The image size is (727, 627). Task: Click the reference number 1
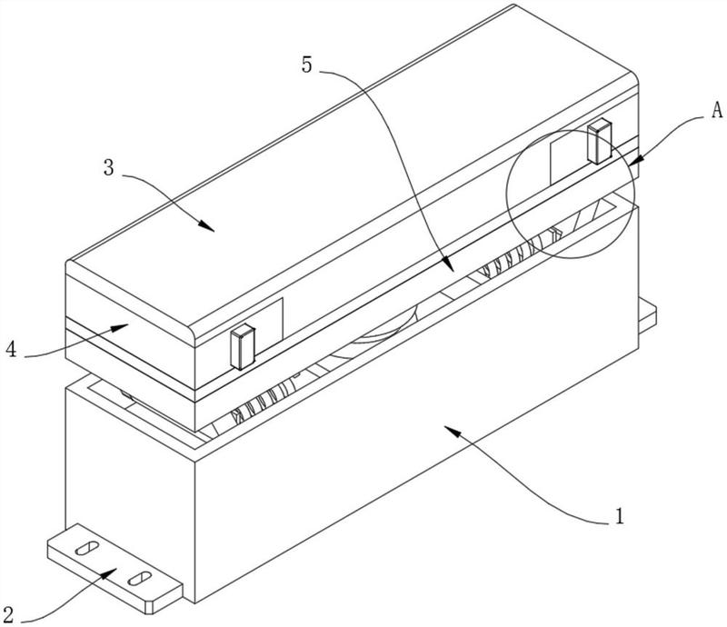[620, 516]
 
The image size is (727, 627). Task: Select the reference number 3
[108, 167]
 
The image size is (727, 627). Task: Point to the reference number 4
[11, 349]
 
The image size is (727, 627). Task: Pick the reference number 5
[307, 65]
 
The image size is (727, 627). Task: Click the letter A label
[717, 110]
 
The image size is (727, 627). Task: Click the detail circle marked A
[508, 194]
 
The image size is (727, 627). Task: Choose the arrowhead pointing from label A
[636, 161]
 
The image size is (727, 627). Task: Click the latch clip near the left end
[243, 346]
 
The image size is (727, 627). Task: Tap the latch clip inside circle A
[599, 141]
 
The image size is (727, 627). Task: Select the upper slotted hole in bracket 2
[86, 547]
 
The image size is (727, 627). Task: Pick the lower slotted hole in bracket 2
[140, 578]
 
